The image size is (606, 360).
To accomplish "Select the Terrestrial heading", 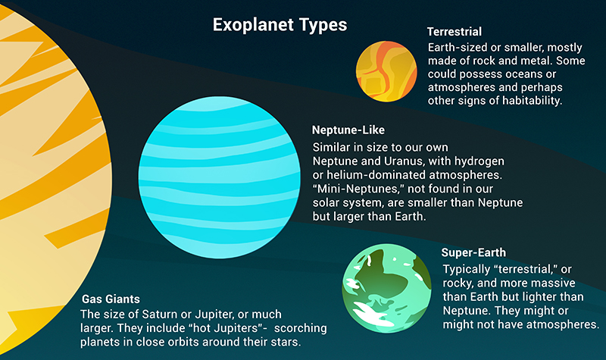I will click(454, 33).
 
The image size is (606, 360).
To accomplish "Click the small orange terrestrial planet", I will click(386, 72).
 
